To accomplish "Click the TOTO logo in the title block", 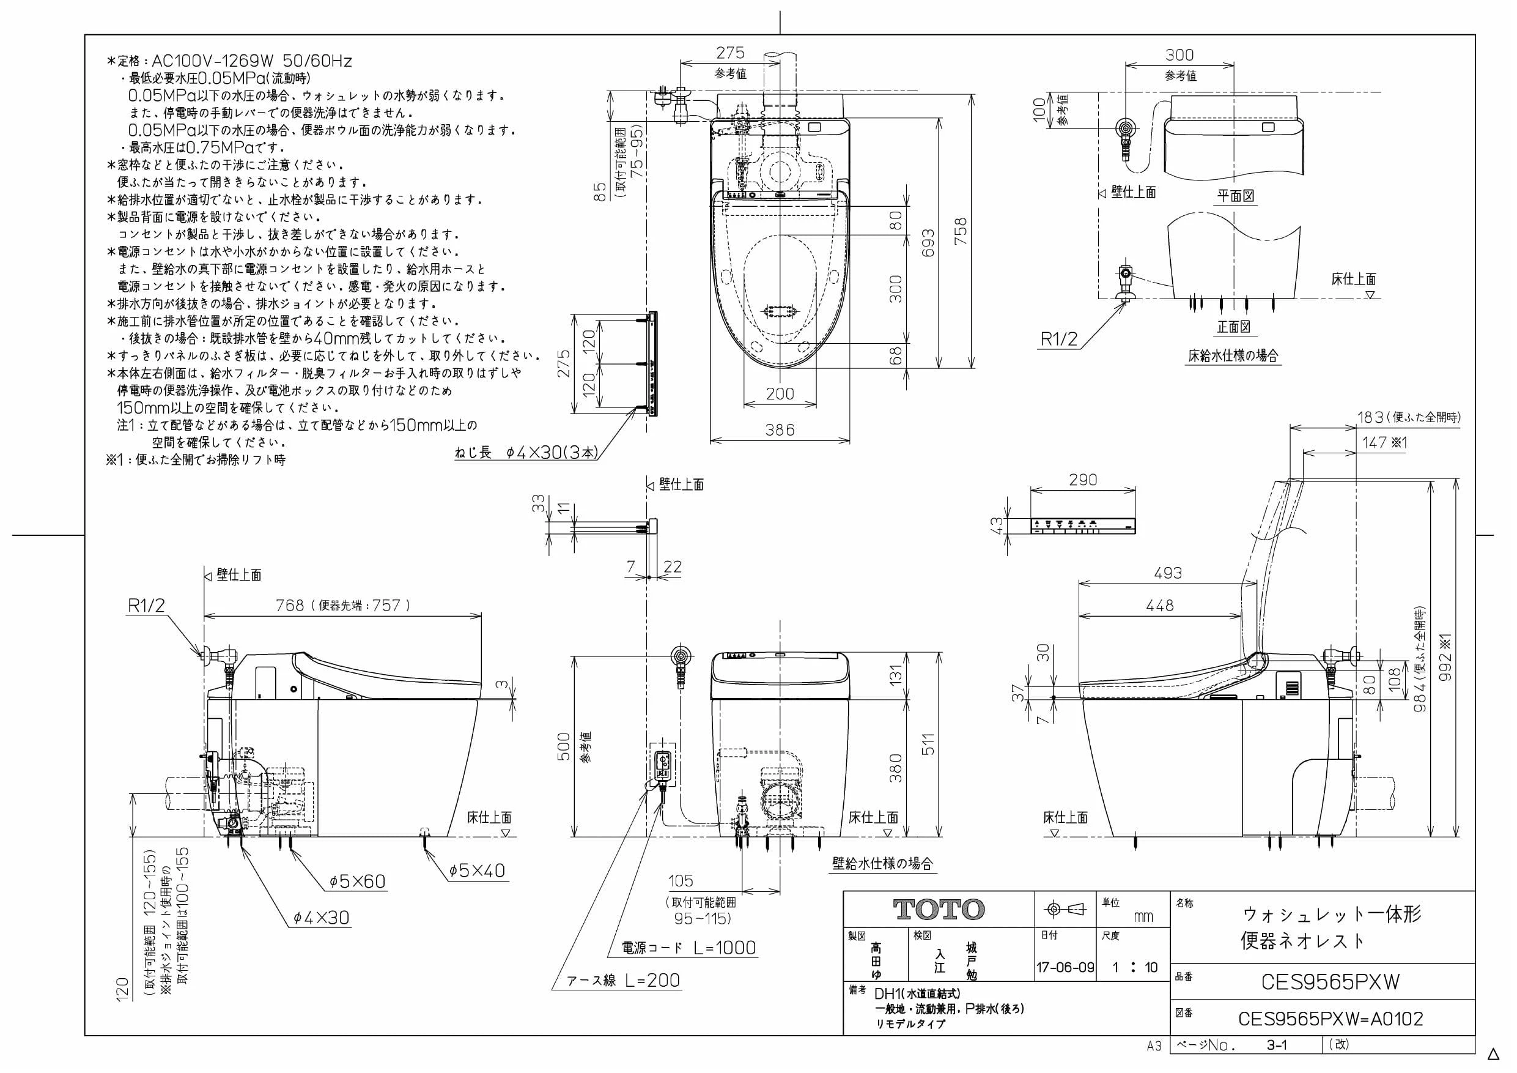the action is click(x=939, y=910).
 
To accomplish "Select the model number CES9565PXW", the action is click(x=1330, y=982).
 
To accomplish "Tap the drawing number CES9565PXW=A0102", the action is click(x=1331, y=1019).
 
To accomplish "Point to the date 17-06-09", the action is click(x=1065, y=968).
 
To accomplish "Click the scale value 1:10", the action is click(x=1134, y=968).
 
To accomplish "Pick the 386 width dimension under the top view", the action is click(x=780, y=429).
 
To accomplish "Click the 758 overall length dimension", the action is click(x=961, y=231).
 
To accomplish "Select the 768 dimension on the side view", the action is click(x=290, y=605).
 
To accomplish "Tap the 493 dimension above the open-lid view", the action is click(x=1167, y=573).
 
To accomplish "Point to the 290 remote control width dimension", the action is click(x=1083, y=480).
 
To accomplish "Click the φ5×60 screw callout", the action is click(x=358, y=882).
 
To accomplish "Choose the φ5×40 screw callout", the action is click(x=477, y=871).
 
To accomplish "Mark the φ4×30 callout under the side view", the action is click(x=321, y=918).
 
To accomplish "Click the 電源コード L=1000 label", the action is click(x=688, y=948).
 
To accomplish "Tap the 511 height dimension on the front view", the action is click(x=928, y=745).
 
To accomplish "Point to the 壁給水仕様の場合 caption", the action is click(x=883, y=863).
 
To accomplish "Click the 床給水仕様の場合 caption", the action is click(x=1233, y=355).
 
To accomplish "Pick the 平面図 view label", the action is click(x=1236, y=196).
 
